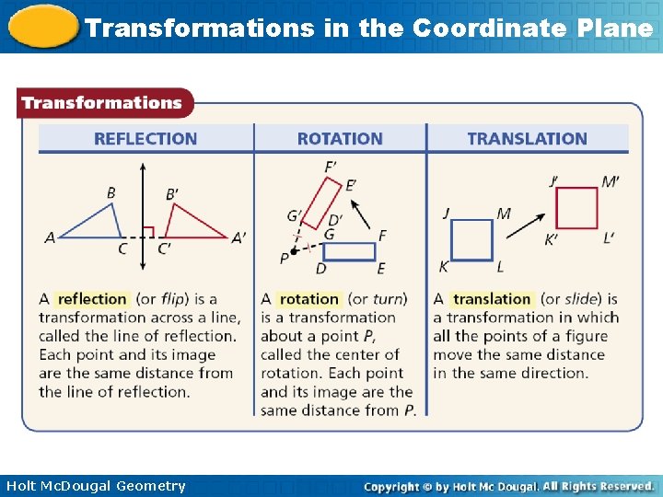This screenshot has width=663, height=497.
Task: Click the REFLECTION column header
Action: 145,139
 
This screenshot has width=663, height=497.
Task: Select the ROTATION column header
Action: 340,139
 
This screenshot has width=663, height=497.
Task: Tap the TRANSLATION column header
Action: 527,139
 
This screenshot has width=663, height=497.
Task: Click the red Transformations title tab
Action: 103,103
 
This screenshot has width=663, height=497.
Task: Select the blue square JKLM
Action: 471,240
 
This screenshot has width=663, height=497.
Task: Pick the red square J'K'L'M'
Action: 577,208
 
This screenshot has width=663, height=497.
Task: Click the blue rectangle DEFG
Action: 349,251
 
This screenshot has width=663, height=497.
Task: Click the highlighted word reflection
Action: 92,299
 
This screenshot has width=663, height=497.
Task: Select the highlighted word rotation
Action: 308,299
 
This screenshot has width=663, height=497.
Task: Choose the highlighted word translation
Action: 492,299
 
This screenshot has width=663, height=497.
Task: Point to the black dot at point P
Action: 293,251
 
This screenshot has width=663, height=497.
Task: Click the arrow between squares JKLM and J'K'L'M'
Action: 525,224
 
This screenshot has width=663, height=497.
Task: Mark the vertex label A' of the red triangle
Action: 238,237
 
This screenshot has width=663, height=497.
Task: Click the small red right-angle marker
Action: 148,231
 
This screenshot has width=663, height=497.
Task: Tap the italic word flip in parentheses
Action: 174,299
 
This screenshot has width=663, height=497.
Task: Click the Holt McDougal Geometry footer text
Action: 96,486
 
